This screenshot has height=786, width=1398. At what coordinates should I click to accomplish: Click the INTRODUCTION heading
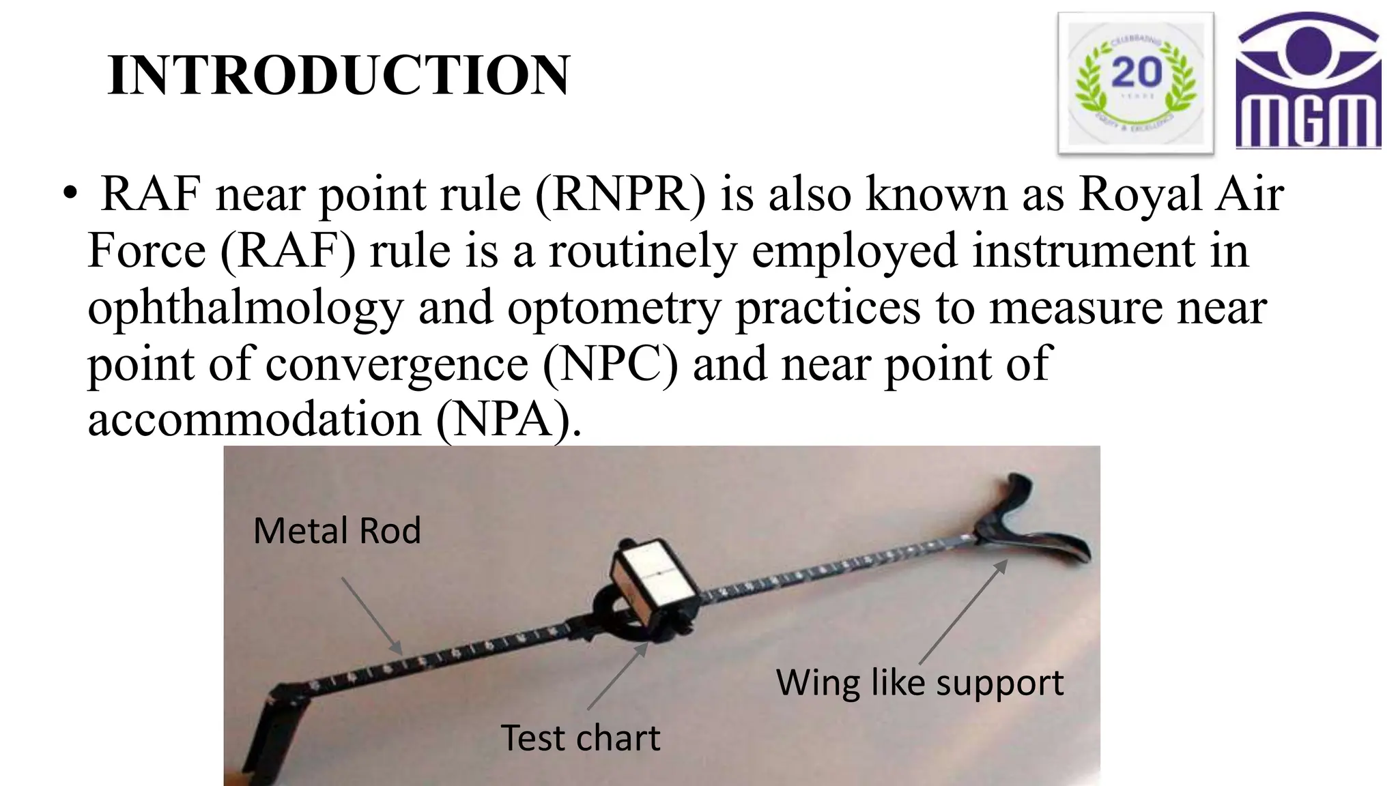click(339, 75)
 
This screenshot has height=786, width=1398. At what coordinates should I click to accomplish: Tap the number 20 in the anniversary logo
click(1137, 72)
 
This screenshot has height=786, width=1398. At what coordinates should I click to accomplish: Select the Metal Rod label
click(337, 531)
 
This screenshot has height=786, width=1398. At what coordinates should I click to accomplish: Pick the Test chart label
click(580, 738)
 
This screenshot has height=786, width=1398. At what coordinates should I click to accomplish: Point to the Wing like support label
click(919, 683)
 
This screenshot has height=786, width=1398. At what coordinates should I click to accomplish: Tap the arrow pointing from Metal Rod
click(371, 615)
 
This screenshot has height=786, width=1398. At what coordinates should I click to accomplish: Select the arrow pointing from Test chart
click(617, 676)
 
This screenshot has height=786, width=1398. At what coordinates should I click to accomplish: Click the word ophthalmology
click(246, 308)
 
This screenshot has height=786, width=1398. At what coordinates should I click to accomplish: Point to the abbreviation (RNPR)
click(620, 194)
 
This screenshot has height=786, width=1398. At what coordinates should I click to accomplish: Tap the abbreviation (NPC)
click(610, 364)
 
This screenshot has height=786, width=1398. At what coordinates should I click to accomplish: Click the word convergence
click(396, 364)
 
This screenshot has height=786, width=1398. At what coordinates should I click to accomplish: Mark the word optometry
click(614, 308)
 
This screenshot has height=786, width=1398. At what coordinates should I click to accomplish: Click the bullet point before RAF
click(70, 195)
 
